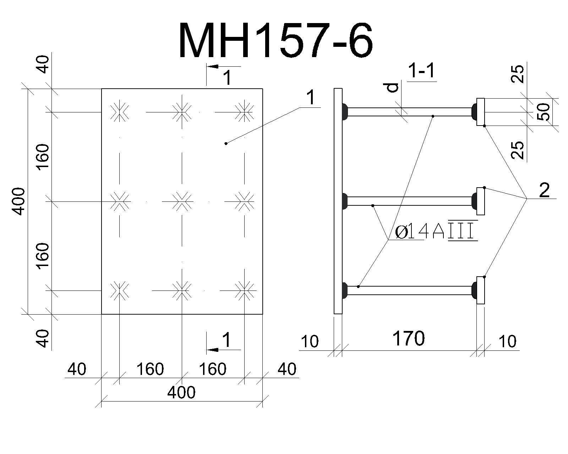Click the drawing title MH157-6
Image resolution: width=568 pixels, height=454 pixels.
[x=275, y=40]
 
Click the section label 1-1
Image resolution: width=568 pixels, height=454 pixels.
[x=421, y=71]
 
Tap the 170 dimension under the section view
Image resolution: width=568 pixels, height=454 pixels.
[x=409, y=338]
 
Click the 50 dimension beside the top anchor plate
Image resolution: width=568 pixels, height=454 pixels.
[x=544, y=112]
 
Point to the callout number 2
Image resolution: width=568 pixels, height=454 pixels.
[x=544, y=190]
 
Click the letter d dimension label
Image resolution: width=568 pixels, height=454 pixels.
[x=393, y=87]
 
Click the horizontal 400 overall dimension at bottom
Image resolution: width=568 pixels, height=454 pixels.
[x=181, y=392]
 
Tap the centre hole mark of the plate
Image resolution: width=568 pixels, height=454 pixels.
[x=182, y=202]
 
